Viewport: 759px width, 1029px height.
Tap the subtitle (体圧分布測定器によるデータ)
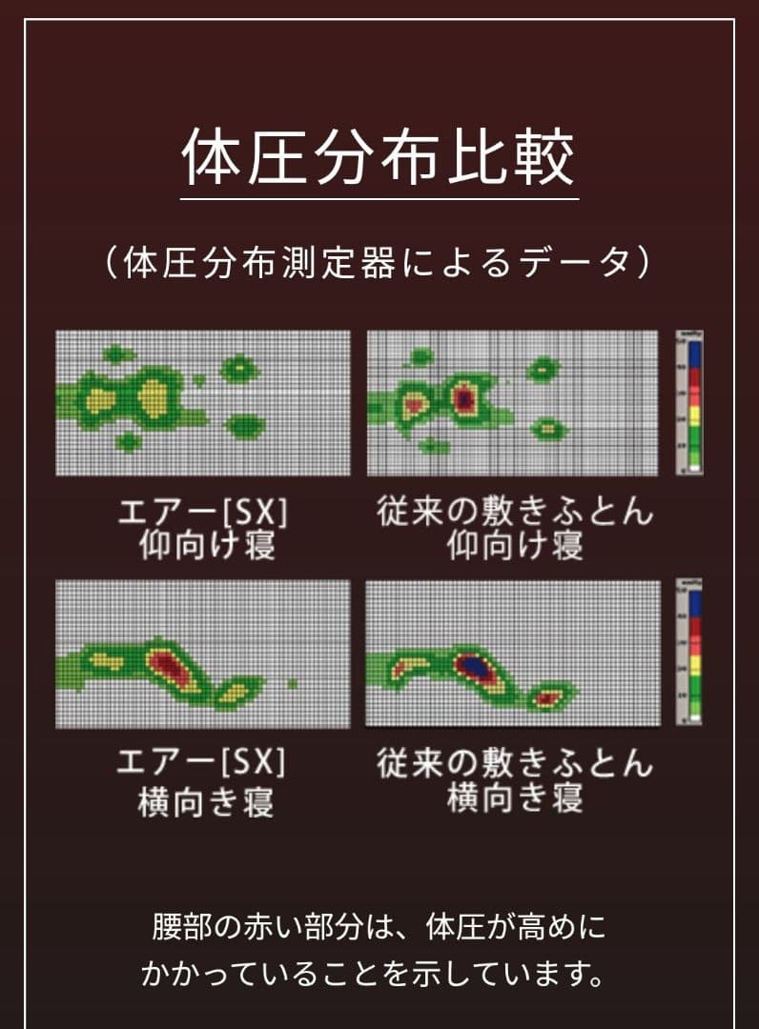pyautogui.click(x=379, y=262)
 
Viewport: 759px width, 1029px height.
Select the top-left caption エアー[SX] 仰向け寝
pyautogui.click(x=202, y=529)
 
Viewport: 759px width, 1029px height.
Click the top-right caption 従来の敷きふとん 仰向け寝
pyautogui.click(x=515, y=529)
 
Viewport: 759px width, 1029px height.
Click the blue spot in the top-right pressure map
pyautogui.click(x=464, y=395)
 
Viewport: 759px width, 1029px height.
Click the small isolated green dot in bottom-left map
pyautogui.click(x=293, y=683)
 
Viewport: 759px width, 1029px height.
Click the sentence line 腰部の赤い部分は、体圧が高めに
pyautogui.click(x=379, y=926)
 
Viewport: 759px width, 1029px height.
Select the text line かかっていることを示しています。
pyautogui.click(x=379, y=974)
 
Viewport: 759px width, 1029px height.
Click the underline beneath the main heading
pyautogui.click(x=379, y=198)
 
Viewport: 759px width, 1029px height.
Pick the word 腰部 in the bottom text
pyautogui.click(x=179, y=926)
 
